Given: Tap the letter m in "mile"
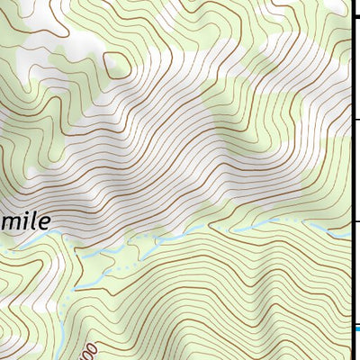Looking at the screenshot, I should point(8,220).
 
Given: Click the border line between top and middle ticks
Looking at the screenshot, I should point(350,69).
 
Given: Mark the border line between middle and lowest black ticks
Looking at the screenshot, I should point(350,171).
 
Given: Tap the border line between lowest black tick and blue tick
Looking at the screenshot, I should point(350,274).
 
